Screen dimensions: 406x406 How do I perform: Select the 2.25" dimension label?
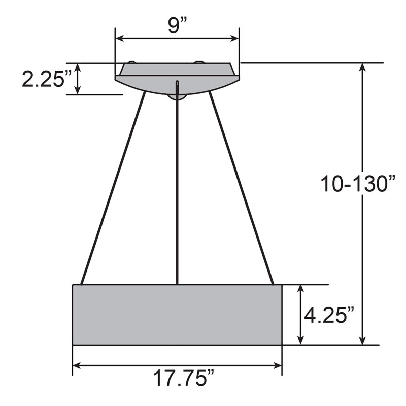point(44,79)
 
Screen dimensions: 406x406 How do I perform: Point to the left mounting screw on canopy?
point(131,62)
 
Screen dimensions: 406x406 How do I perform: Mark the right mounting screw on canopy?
point(198,62)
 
